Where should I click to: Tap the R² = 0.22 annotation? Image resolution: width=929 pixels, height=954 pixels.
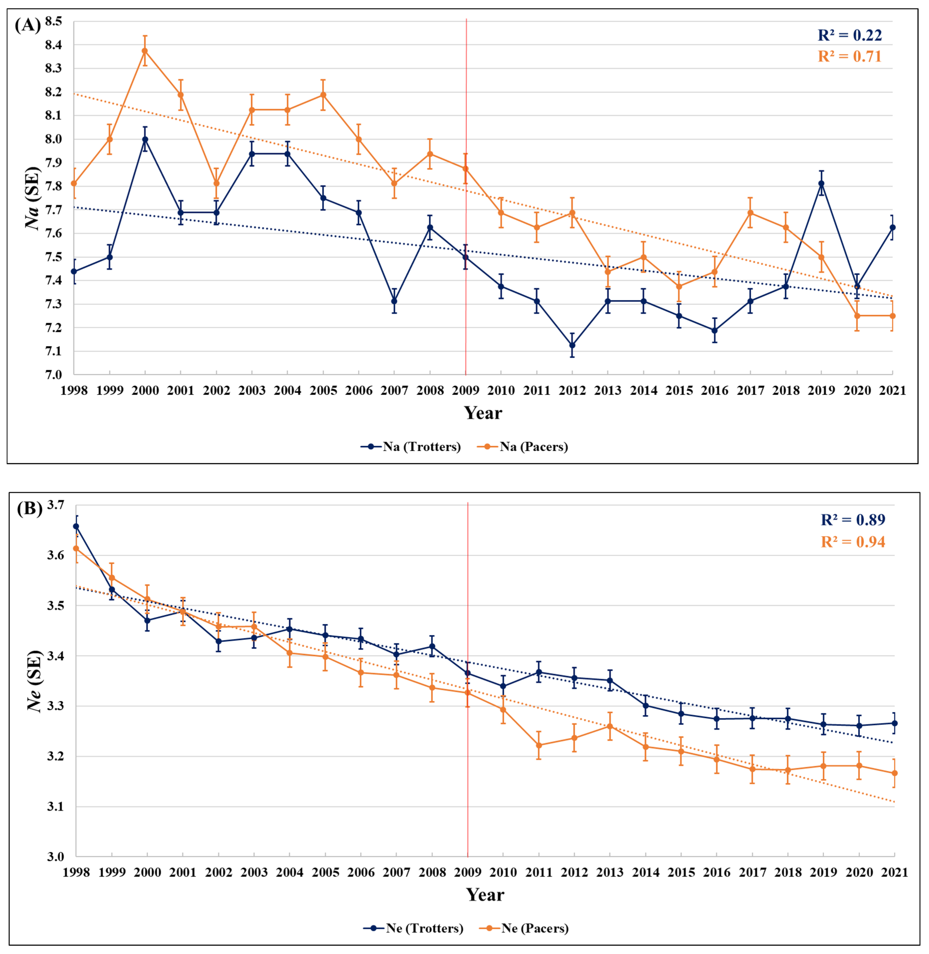[x=849, y=35]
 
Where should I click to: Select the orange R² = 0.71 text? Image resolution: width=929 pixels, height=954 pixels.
[x=849, y=57]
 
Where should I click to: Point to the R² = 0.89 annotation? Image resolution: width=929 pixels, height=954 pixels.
[x=853, y=520]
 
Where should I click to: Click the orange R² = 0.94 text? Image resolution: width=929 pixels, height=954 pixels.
[x=853, y=542]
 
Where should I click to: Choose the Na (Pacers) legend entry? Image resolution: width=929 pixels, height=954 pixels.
[x=522, y=446]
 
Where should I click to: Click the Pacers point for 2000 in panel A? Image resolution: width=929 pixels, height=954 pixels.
[x=145, y=51]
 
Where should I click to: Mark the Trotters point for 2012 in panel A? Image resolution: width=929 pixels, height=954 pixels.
[x=572, y=345]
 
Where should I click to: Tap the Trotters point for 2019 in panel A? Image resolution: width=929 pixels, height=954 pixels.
[x=821, y=183]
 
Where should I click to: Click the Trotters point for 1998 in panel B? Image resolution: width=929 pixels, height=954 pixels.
[x=76, y=526]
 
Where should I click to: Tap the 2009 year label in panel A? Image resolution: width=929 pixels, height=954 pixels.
[x=466, y=390]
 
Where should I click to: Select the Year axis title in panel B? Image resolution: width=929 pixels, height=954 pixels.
[x=485, y=894]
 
